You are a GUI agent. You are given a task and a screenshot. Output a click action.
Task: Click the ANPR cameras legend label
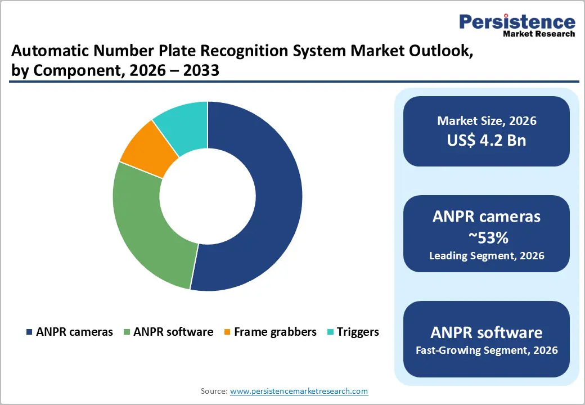[74, 332]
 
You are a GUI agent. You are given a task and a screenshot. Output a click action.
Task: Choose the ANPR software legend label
[173, 332]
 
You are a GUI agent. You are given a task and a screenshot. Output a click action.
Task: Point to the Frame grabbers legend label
[275, 332]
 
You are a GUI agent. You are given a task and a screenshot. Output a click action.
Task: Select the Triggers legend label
[358, 332]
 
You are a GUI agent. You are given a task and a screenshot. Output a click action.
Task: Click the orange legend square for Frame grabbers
[227, 332]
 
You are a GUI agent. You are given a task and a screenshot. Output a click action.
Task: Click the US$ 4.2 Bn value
[487, 140]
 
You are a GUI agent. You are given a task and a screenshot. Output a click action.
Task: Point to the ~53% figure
[487, 237]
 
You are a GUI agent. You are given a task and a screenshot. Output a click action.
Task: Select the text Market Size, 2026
[487, 121]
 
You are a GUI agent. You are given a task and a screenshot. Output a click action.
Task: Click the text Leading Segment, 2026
[487, 256]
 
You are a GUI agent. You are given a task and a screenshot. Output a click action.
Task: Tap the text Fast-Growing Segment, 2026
[487, 350]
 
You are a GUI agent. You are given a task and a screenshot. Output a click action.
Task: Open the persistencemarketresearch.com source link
[299, 391]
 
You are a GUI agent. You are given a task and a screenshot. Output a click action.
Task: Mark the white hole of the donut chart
[208, 197]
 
